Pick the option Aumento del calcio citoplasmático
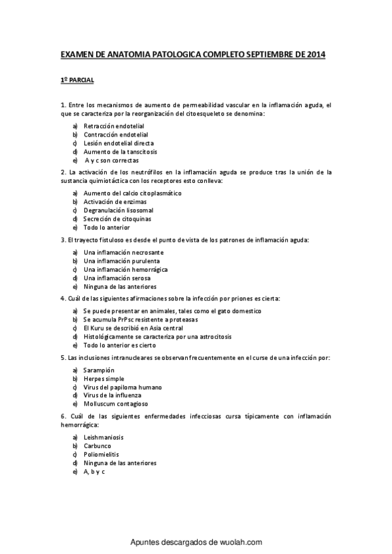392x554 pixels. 132,193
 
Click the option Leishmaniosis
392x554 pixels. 103,437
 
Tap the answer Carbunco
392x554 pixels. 97,446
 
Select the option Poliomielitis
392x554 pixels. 101,454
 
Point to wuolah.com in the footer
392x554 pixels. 240,542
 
